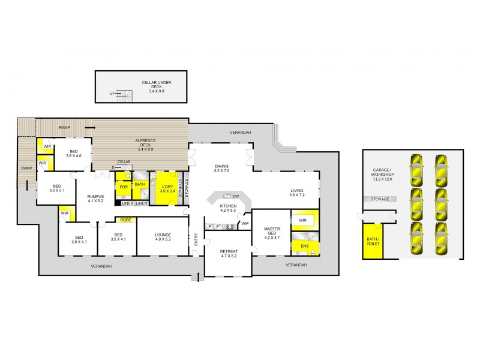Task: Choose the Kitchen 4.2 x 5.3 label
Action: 228,208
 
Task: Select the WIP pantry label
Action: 245,224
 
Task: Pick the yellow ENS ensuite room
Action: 304,245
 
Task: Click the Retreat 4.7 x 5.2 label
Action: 228,254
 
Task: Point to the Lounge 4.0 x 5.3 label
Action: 163,237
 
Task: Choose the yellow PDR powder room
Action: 124,186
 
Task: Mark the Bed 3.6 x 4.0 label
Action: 73,154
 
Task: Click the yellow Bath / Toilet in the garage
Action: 372,242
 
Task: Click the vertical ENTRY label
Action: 196,239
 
